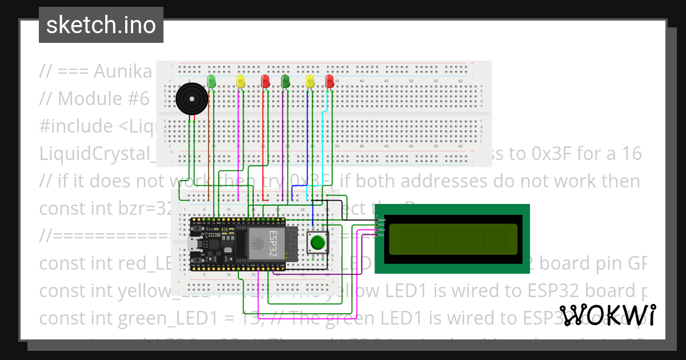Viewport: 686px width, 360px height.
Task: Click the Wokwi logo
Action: tap(607, 315)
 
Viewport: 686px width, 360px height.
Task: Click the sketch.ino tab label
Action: tap(101, 25)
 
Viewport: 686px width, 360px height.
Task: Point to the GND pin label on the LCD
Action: tap(381, 220)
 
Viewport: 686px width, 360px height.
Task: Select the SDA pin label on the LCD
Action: tap(381, 230)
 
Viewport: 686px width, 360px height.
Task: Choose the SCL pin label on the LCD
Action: tap(381, 235)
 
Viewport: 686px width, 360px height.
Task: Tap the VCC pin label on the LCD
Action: tap(381, 225)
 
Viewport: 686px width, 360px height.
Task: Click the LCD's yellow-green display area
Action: tap(453, 239)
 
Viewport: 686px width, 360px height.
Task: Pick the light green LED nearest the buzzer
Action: tap(212, 81)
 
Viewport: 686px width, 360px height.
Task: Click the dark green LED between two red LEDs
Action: tap(285, 81)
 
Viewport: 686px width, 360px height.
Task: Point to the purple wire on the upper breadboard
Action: tap(283, 137)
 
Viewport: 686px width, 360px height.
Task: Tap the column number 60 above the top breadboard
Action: tap(460, 81)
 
